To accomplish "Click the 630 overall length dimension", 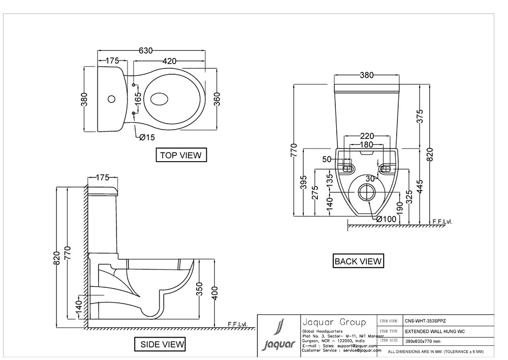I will [146, 50].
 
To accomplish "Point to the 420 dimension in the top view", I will [170, 61].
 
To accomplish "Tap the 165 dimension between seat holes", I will [138, 99].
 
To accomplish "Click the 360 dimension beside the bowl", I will [217, 98].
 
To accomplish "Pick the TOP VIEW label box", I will [181, 155].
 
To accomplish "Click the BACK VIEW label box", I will [358, 261].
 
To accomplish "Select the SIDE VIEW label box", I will [162, 345].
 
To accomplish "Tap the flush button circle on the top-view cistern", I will [113, 98].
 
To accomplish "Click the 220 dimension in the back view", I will [367, 136].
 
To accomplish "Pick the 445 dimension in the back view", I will [420, 186].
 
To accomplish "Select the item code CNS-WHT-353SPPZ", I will [423, 321].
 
